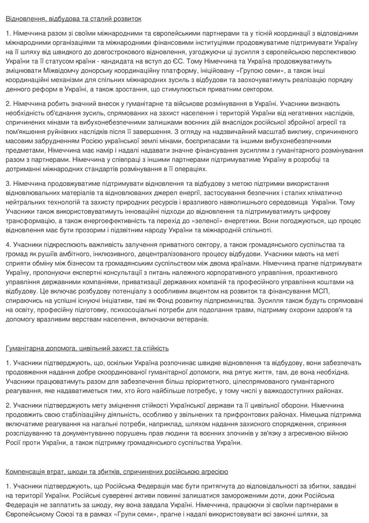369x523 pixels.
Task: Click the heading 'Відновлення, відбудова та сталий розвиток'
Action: (74, 19)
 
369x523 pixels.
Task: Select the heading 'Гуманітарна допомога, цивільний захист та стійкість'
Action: (87, 348)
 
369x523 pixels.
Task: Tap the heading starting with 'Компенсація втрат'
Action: (117, 472)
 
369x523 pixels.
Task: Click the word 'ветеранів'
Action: (194, 320)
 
